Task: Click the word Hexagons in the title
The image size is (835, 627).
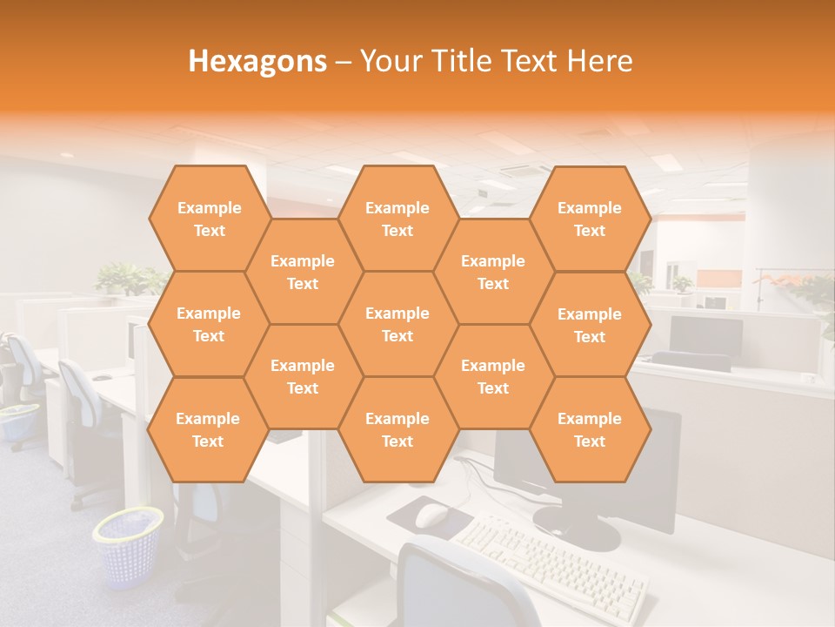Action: pyautogui.click(x=257, y=61)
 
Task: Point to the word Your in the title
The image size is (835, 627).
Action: pyautogui.click(x=390, y=61)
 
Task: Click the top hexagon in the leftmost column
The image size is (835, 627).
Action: pyautogui.click(x=209, y=219)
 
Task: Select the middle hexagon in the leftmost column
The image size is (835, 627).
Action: pyautogui.click(x=209, y=324)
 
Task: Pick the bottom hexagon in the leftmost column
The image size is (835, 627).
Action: pyautogui.click(x=208, y=429)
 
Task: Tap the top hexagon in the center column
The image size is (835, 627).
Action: pyautogui.click(x=397, y=219)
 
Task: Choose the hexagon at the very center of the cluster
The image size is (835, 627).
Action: pyautogui.click(x=397, y=324)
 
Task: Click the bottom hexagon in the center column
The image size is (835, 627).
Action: pyautogui.click(x=397, y=429)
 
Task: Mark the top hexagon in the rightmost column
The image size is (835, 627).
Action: pyautogui.click(x=590, y=219)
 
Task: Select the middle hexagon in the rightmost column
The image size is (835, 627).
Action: pyautogui.click(x=590, y=325)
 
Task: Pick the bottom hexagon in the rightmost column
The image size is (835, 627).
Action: pyautogui.click(x=590, y=429)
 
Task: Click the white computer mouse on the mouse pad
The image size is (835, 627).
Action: pyautogui.click(x=431, y=516)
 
